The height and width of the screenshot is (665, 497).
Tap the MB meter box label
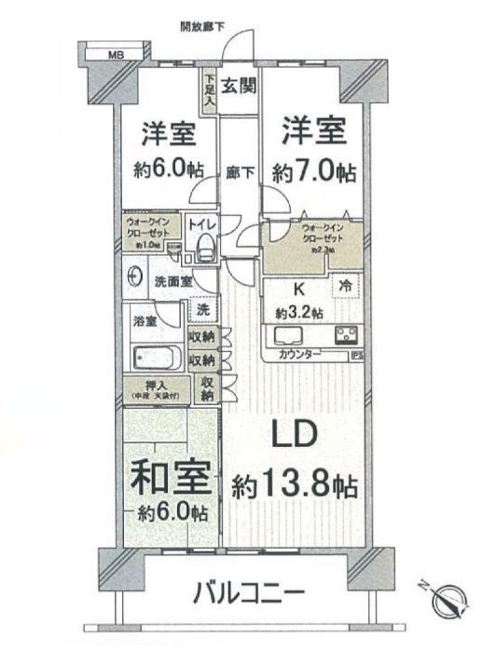coord(117,55)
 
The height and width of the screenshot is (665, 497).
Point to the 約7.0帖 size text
coord(312,172)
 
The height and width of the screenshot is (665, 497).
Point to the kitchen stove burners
coord(344,335)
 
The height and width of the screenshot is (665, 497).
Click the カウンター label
coord(300,355)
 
